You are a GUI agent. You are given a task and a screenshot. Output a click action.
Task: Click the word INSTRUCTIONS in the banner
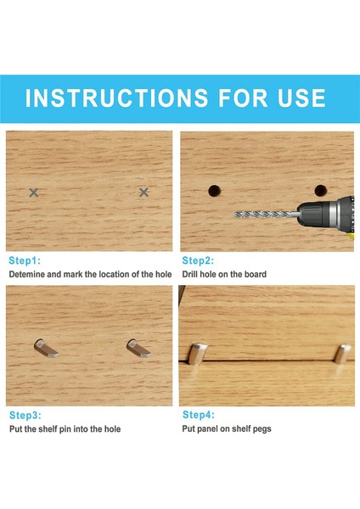pos(116,98)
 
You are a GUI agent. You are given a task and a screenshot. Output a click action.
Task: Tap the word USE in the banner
pos(301,98)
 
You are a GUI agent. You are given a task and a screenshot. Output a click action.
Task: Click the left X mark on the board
pos(34,193)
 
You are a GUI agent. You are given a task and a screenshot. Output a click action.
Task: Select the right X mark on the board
pos(143,193)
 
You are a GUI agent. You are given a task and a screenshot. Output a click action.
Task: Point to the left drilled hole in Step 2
pos(215,191)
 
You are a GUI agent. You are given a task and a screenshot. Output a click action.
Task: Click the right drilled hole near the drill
pos(321,191)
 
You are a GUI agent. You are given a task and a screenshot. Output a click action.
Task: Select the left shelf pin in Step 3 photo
pos(46,348)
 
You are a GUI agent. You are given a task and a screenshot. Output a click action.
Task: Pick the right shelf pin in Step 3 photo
pos(138,348)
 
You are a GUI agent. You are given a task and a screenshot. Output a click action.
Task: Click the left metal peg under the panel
pos(198,354)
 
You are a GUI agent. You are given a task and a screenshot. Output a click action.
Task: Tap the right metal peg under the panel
pos(342,354)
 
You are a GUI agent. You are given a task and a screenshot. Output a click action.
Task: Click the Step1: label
pos(25,260)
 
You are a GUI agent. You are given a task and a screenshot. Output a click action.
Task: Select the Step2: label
pos(198,260)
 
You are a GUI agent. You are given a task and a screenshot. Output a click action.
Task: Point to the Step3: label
pos(25,415)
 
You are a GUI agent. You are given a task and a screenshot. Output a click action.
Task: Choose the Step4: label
pos(199,415)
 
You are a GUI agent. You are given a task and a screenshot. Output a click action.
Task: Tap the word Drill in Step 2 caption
pos(189,274)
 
